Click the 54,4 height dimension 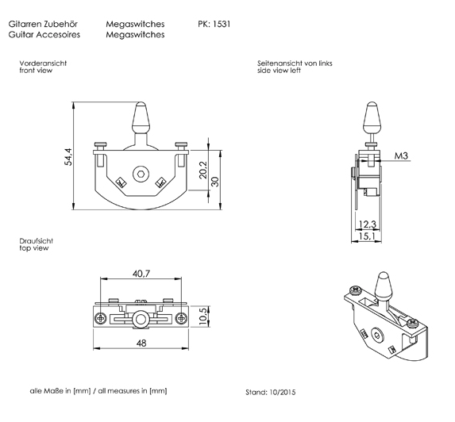point(68,156)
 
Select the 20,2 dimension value point(203,169)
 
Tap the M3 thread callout point(401,156)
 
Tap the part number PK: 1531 point(214,25)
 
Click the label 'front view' point(35,71)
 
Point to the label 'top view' point(34,248)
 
